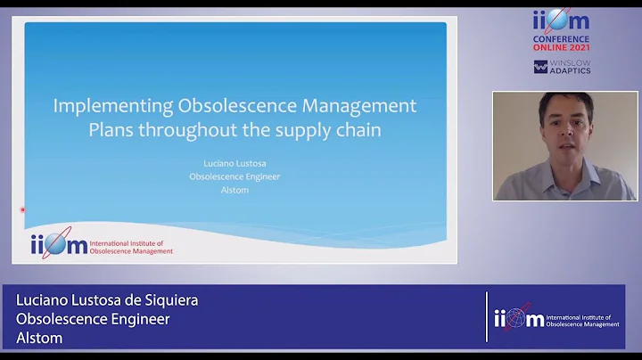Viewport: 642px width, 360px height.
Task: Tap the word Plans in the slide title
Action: (112, 130)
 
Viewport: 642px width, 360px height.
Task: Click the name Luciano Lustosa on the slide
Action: (235, 163)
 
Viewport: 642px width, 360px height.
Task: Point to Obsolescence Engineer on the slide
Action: (235, 176)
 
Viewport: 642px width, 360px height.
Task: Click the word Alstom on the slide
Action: (235, 190)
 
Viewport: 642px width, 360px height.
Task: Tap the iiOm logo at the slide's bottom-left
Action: (59, 243)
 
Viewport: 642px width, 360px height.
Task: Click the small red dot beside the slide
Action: (22, 210)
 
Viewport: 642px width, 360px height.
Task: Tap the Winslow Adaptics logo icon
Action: (540, 67)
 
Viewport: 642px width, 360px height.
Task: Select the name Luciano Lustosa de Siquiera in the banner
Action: (107, 300)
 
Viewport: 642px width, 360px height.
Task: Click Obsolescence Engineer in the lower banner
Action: (93, 319)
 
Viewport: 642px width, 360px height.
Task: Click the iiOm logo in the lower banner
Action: (518, 318)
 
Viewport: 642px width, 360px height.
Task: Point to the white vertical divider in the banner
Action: (486, 317)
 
